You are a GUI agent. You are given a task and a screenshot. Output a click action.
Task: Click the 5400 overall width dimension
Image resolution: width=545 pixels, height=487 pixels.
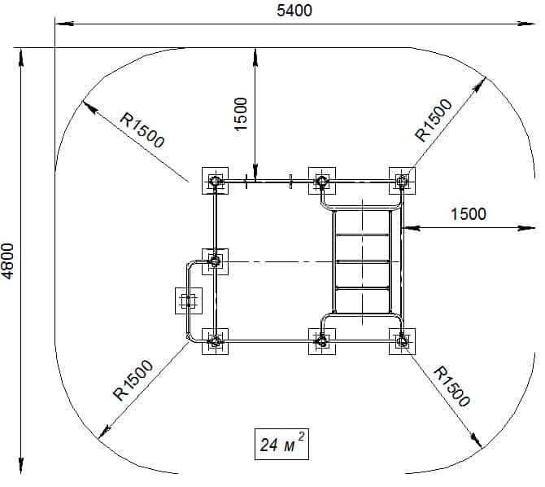pyautogui.click(x=294, y=11)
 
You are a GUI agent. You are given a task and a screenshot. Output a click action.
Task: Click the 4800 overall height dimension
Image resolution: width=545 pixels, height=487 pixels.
pyautogui.click(x=7, y=261)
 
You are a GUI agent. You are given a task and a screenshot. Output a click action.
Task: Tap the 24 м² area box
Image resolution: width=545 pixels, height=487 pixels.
pyautogui.click(x=281, y=444)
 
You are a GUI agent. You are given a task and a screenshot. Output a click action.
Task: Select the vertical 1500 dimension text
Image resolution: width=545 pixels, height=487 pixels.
pyautogui.click(x=241, y=114)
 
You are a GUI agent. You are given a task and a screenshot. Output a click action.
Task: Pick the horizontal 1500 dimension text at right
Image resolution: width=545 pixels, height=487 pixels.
pyautogui.click(x=469, y=213)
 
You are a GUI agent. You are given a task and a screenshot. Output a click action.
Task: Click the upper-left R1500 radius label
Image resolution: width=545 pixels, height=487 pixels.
pyautogui.click(x=142, y=130)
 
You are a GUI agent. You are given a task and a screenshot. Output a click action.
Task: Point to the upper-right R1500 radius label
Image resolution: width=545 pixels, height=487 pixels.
pyautogui.click(x=434, y=120)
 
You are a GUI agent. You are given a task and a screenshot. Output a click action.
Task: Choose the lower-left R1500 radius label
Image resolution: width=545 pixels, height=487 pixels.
pyautogui.click(x=133, y=380)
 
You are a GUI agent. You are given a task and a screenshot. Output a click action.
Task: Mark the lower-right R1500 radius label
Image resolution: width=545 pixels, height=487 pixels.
pyautogui.click(x=451, y=386)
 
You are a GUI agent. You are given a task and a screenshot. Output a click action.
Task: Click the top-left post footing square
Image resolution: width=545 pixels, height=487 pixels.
pyautogui.click(x=215, y=181)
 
